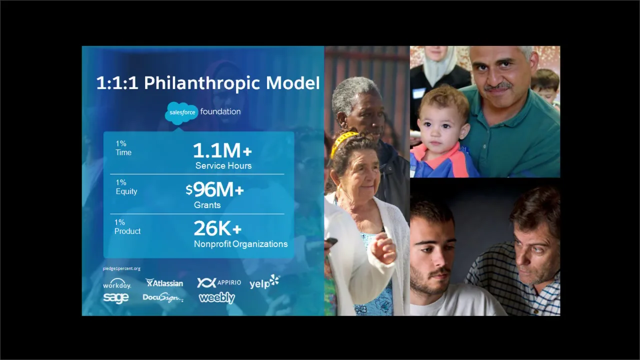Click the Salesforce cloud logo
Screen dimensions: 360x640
point(181,112)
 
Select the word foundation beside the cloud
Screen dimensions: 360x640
point(220,111)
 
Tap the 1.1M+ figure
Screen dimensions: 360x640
point(222,150)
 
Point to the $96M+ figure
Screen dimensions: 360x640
point(215,189)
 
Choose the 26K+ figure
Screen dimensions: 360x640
point(217,228)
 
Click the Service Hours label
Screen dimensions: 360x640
point(223,165)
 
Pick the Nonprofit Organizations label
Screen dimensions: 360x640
point(240,244)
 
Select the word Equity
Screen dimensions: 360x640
point(126,191)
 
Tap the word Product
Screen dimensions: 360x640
point(127,231)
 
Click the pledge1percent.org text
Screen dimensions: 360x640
point(121,268)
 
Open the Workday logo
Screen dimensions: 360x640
point(117,284)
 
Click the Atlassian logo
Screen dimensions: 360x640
point(164,283)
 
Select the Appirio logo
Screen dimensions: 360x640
point(219,282)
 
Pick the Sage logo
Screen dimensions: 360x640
point(116,298)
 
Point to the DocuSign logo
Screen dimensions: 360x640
point(163,298)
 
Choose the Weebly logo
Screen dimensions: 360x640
point(216,298)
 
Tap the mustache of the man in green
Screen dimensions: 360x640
point(498,86)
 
